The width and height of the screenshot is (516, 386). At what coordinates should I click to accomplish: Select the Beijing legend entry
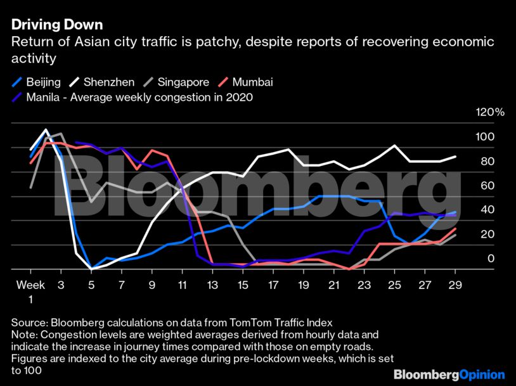tap(37, 82)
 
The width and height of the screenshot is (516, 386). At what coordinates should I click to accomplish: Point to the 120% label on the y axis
tap(489, 112)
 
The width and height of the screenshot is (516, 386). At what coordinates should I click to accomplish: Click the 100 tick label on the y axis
tap(483, 137)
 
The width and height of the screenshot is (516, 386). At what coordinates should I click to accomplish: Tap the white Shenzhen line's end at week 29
tap(455, 157)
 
